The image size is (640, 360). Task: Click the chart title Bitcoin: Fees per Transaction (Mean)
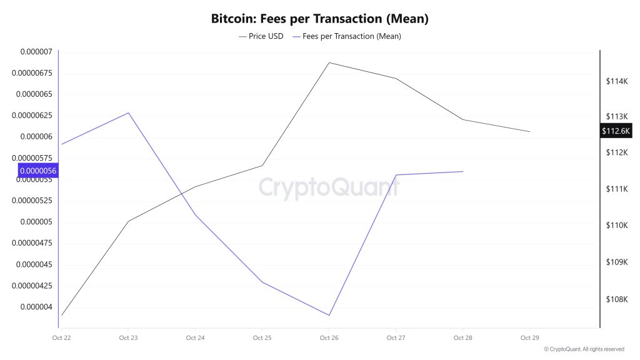(x=319, y=19)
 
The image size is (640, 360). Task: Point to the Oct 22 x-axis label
(x=61, y=338)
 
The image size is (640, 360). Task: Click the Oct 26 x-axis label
(x=329, y=338)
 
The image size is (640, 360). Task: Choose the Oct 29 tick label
(x=529, y=338)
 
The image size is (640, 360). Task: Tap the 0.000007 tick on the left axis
(x=36, y=52)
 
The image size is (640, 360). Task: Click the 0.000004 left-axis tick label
(x=36, y=307)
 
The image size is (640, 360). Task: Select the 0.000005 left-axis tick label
(x=36, y=222)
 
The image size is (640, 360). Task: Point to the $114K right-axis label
(x=616, y=81)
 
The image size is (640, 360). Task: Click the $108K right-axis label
(x=616, y=299)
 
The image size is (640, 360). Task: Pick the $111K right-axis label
(x=616, y=189)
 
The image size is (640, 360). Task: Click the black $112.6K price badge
(x=616, y=131)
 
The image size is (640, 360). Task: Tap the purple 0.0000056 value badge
(x=38, y=171)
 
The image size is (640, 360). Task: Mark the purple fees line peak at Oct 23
(x=128, y=113)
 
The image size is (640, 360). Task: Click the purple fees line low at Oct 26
(x=329, y=315)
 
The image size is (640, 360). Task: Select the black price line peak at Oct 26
(x=329, y=62)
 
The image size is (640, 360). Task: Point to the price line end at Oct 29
(x=529, y=132)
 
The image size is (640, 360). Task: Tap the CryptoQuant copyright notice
(x=584, y=349)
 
